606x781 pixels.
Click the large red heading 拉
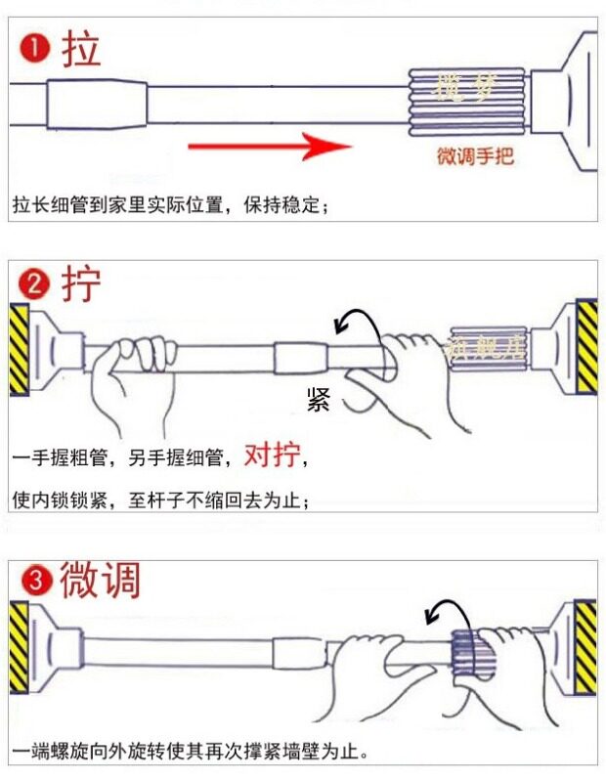click(x=81, y=48)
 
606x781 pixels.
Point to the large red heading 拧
click(x=81, y=284)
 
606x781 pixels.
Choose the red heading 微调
click(x=101, y=581)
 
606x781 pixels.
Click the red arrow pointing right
click(x=269, y=147)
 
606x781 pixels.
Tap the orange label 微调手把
click(x=476, y=156)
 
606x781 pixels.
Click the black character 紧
click(x=319, y=399)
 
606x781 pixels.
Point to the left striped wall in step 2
click(x=19, y=349)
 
